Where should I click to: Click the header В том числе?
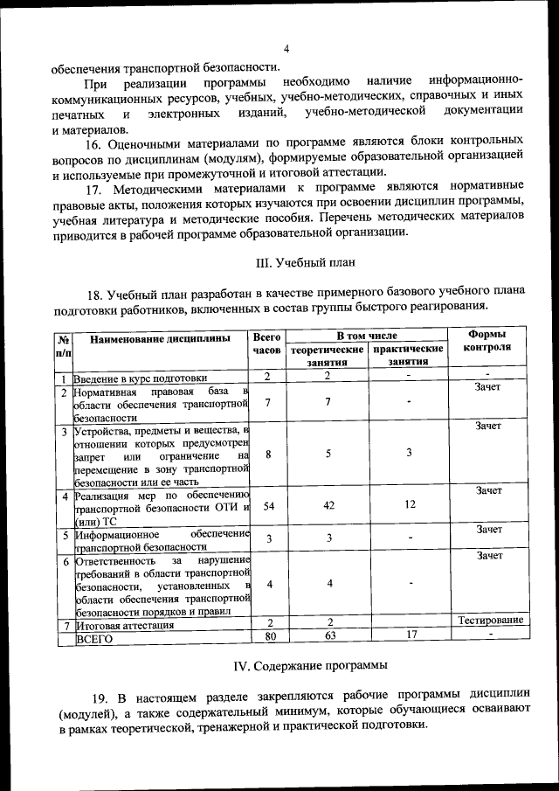point(367,336)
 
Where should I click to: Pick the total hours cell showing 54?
point(269,506)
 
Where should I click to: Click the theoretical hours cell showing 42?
point(328,505)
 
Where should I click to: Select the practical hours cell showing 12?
point(409,505)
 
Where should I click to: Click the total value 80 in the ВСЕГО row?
point(269,636)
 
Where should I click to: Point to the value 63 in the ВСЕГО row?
point(328,636)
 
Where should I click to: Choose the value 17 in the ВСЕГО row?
point(409,635)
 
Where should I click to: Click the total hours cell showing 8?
point(269,454)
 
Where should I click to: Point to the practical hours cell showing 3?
point(409,453)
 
